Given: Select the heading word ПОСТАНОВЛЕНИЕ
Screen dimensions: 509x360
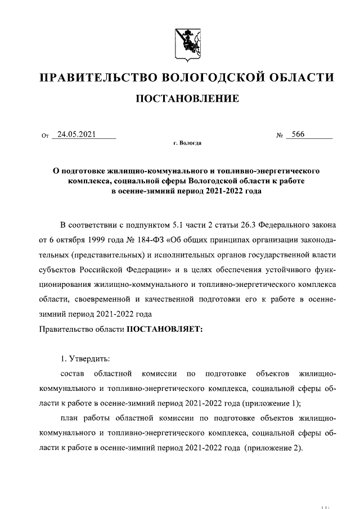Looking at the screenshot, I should pos(187,99).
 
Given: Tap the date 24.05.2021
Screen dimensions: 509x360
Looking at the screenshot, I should pos(74,135).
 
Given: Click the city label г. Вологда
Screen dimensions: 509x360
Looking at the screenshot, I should pos(187,144).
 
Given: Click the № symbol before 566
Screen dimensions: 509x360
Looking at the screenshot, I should pos(279,136).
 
